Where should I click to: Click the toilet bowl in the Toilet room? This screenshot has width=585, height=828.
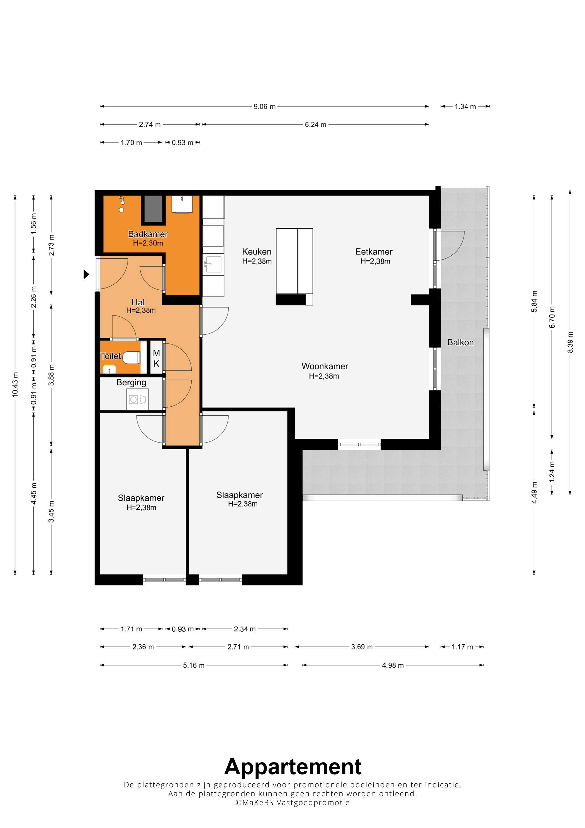[131, 358]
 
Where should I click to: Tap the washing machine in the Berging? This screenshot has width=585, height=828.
[137, 399]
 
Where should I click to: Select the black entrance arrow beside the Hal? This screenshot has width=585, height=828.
[86, 275]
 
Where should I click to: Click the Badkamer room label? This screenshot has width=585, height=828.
[148, 234]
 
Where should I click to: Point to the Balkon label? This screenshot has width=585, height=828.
[460, 342]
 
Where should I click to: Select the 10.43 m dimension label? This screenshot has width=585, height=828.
[15, 384]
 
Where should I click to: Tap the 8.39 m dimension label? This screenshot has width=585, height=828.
[570, 342]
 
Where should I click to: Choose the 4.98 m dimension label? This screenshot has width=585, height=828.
[393, 665]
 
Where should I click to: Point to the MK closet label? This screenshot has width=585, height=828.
[157, 358]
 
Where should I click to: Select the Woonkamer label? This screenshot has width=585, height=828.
[325, 366]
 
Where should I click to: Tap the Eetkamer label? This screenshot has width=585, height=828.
[374, 251]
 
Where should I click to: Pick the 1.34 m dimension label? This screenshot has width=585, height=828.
[465, 106]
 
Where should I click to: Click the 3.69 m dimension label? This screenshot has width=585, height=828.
[362, 647]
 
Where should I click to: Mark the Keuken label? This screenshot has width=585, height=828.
[257, 251]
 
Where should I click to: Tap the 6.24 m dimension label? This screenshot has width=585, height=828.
[315, 124]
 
